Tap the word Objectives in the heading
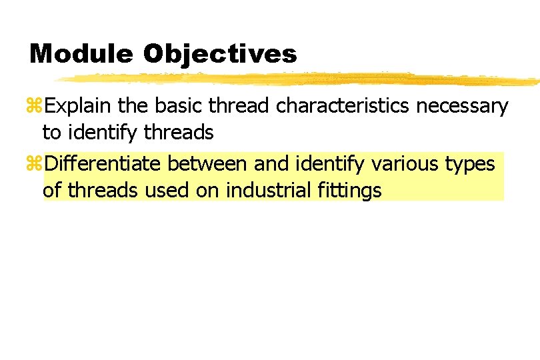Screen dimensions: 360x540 [x=220, y=54]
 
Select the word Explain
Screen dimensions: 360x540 [x=77, y=106]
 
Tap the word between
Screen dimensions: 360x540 [x=207, y=164]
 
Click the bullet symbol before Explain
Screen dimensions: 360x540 [x=36, y=107]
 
